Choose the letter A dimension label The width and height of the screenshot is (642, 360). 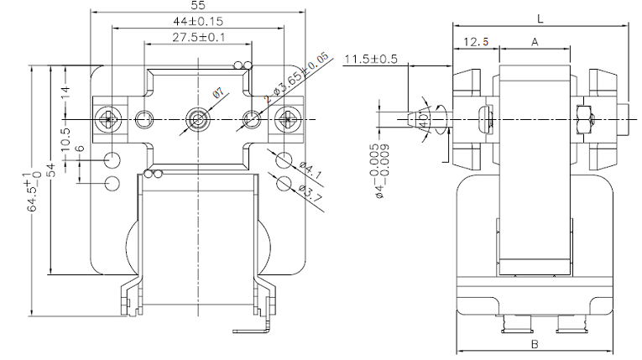(x=535, y=42)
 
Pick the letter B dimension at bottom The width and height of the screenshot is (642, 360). (x=535, y=344)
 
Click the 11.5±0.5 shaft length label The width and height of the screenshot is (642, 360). (x=371, y=59)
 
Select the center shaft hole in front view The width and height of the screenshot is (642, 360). (x=198, y=118)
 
